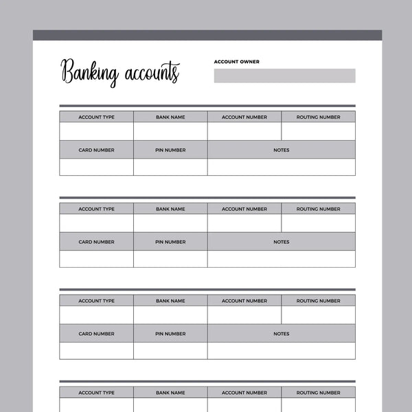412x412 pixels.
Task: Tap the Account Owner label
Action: (x=237, y=62)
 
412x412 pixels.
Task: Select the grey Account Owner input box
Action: (x=284, y=76)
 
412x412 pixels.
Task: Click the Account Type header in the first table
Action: (x=96, y=117)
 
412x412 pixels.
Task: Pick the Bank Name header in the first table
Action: (x=170, y=117)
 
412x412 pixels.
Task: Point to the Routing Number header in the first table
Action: (x=318, y=117)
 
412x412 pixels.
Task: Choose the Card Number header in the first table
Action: (x=96, y=150)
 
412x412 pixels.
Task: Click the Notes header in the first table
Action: (x=282, y=150)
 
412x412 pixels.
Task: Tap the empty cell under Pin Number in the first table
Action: (x=170, y=167)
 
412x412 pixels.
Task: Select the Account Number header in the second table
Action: (x=244, y=209)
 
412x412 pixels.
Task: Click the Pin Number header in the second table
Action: (x=170, y=242)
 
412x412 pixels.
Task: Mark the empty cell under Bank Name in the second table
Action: (x=170, y=223)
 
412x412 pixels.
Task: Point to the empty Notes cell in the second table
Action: (x=282, y=259)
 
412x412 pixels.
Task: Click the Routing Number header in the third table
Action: (x=318, y=301)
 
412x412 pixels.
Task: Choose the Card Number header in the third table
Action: (x=96, y=334)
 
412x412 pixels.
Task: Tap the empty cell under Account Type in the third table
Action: (x=96, y=315)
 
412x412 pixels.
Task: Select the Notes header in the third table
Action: (x=282, y=334)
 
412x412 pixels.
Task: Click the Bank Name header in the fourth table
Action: (x=170, y=393)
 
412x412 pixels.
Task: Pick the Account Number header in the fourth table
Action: (x=244, y=393)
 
